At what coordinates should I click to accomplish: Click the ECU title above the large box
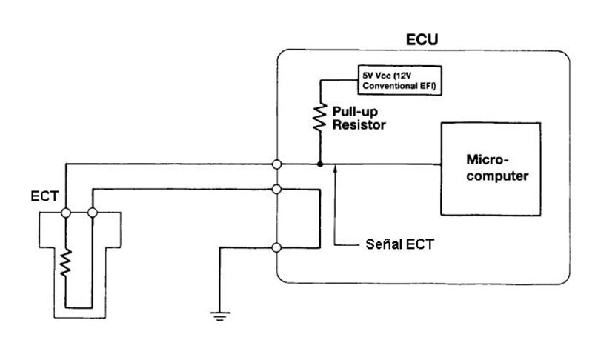pos(422,39)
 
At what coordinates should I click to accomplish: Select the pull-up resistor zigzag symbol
pos(320,117)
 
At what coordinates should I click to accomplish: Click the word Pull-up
pos(355,112)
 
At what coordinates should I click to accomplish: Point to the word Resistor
pos(359,125)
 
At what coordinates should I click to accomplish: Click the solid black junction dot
pos(320,164)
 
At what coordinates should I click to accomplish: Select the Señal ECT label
pos(399,244)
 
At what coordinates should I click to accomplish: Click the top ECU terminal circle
pos(276,164)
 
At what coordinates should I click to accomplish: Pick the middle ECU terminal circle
pos(276,190)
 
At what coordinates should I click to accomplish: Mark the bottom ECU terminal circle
pos(276,248)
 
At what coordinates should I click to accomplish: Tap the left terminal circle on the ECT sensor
pos(66,213)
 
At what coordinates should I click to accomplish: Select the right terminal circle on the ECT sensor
pos(93,213)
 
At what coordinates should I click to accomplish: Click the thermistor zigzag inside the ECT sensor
pos(65,263)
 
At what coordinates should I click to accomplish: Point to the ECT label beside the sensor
pos(44,196)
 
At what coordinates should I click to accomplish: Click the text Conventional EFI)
pos(399,86)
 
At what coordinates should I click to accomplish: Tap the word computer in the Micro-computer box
pos(497,176)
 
